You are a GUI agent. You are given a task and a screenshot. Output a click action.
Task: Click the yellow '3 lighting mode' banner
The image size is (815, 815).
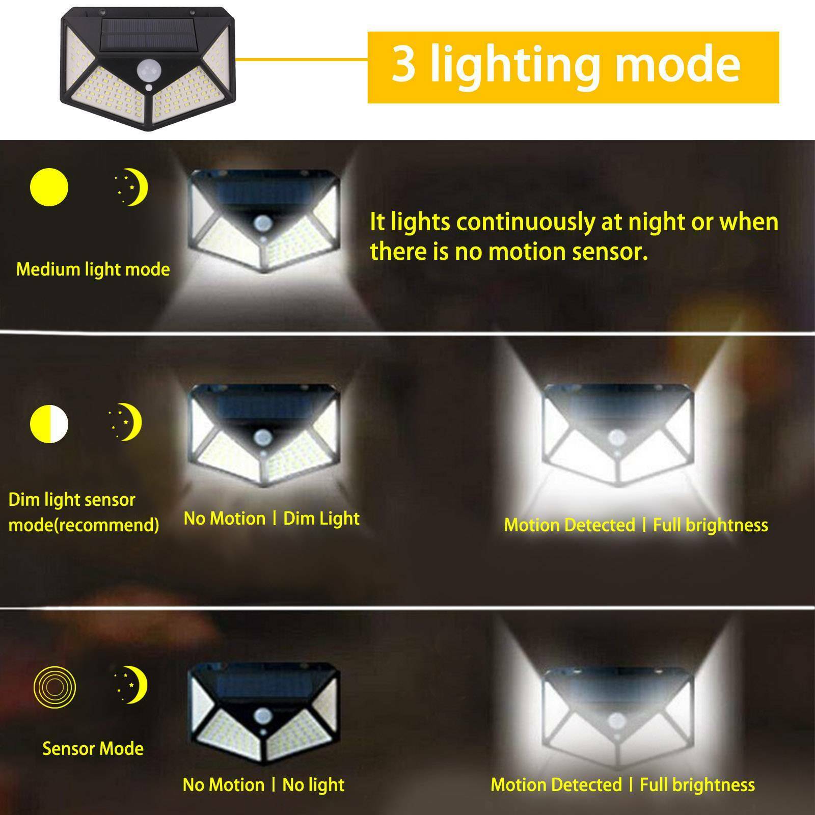[573, 67]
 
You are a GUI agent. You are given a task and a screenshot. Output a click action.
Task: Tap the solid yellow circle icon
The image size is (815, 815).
[49, 187]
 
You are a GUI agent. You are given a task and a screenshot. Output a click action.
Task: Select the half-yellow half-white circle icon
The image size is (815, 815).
[49, 423]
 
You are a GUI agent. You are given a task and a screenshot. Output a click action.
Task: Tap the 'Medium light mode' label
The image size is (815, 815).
[93, 269]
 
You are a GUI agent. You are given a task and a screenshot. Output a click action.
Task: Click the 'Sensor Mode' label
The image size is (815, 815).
[93, 748]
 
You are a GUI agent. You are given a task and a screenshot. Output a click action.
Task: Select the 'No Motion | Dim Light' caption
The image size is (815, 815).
[271, 519]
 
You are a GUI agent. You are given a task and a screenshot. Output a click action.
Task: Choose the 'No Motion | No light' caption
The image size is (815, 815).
[263, 785]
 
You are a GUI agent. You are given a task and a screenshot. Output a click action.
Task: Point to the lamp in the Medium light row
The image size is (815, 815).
[263, 220]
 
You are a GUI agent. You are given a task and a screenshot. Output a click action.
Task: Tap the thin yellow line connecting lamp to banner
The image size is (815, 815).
[302, 59]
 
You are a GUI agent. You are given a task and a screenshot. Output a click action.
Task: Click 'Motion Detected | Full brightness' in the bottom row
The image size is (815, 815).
[622, 785]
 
